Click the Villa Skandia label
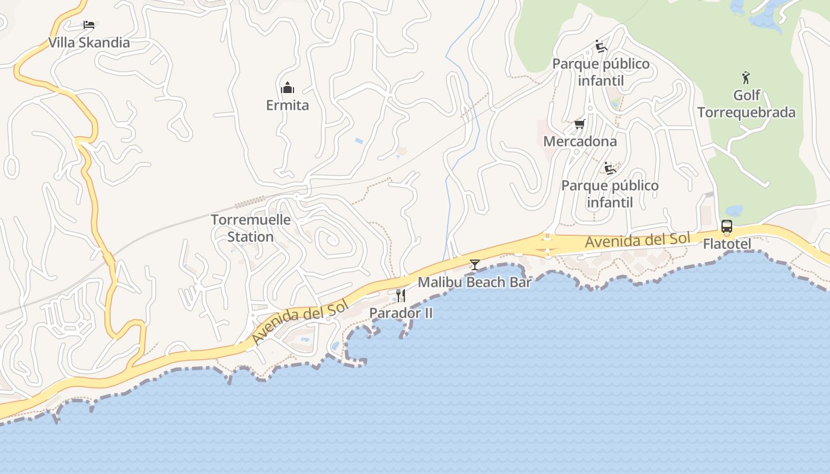tap(89, 43)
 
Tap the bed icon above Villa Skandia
tap(89, 25)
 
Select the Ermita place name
tap(288, 105)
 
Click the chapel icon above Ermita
tap(288, 88)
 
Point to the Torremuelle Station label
tap(251, 228)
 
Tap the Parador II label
tap(401, 313)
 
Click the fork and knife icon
tap(401, 295)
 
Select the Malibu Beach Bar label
tap(474, 282)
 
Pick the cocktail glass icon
tap(474, 264)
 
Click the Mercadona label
tap(580, 142)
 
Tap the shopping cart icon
tap(580, 124)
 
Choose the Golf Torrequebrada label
tap(746, 104)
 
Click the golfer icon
tap(746, 77)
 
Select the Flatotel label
tap(727, 244)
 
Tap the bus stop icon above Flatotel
tap(727, 226)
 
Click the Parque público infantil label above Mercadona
tap(601, 72)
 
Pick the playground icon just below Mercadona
tap(609, 168)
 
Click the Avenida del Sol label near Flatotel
tap(638, 240)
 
